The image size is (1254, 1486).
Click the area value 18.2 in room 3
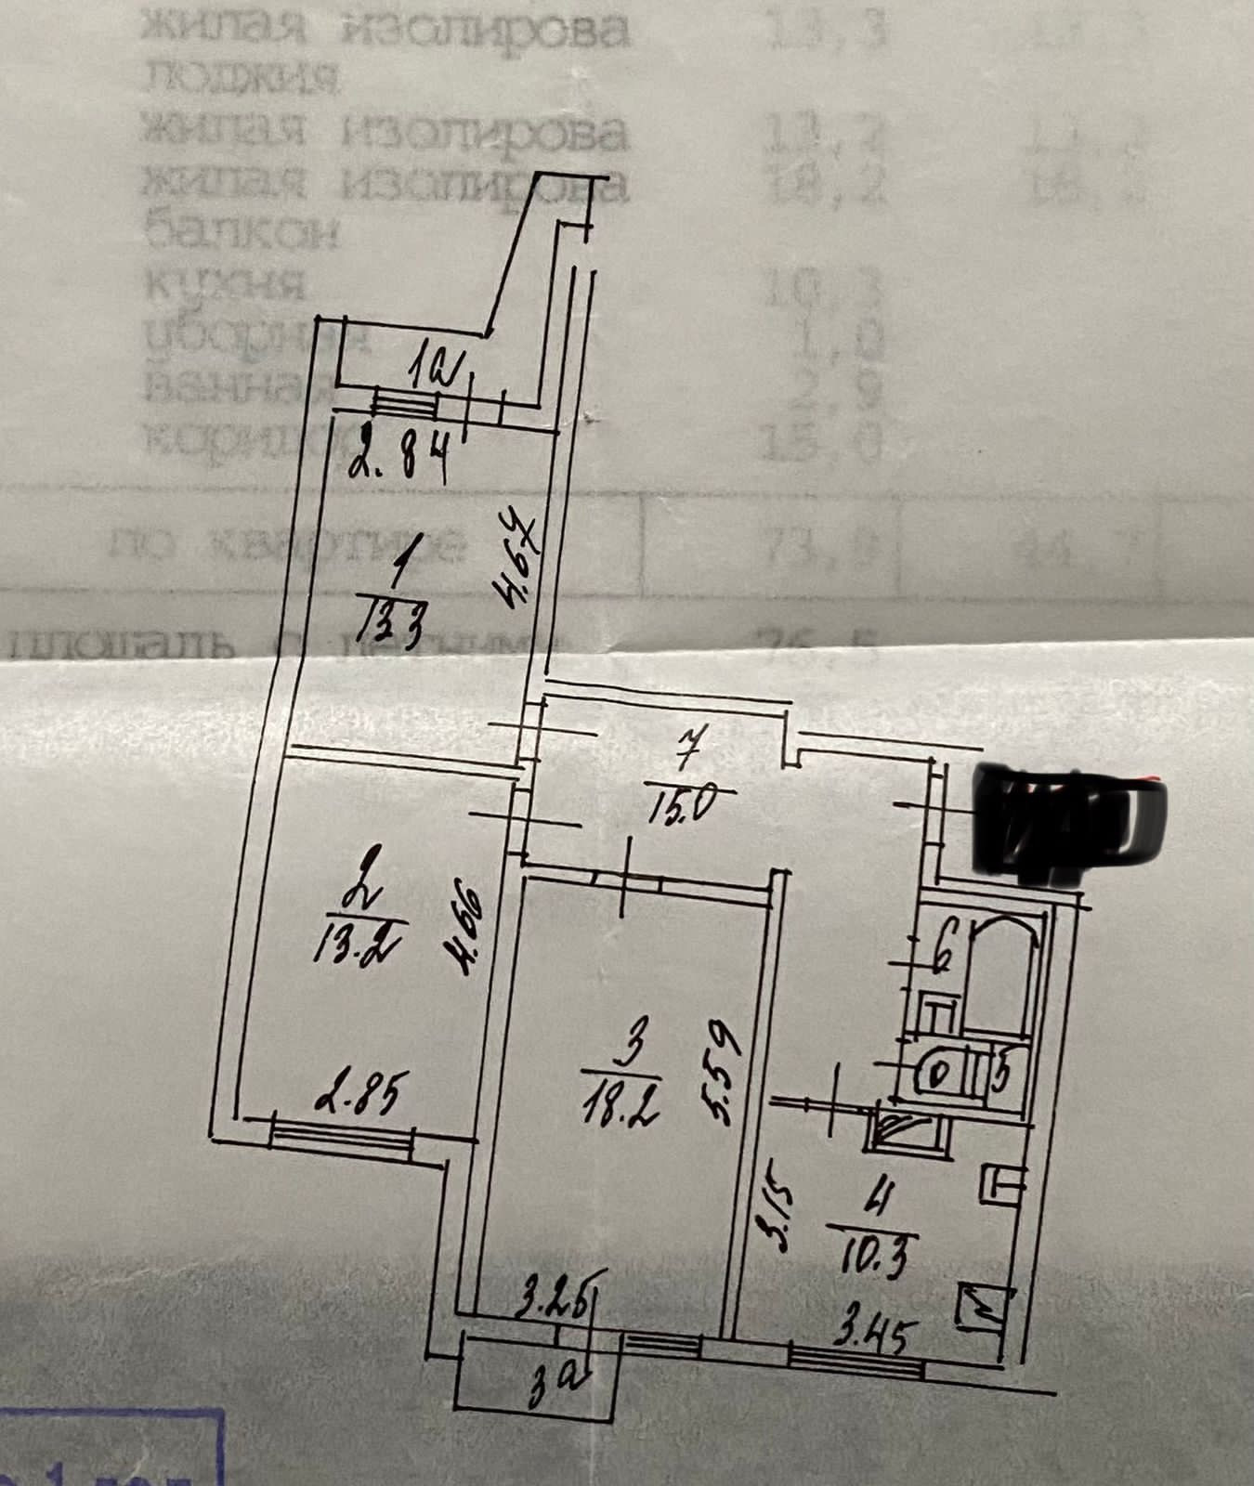pyautogui.click(x=627, y=1103)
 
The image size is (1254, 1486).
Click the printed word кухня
pyautogui.click(x=222, y=282)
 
